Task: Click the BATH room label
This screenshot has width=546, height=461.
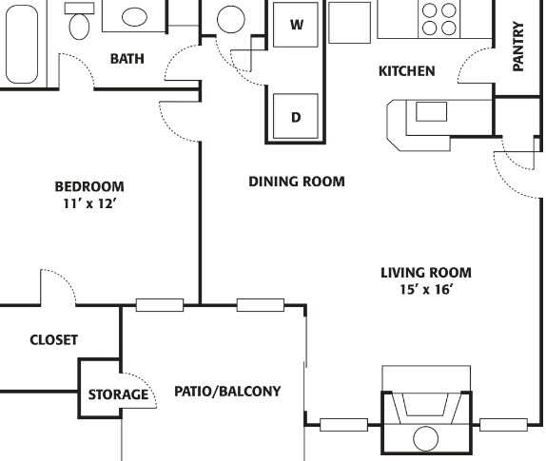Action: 127,59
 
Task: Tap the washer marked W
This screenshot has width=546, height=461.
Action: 296,25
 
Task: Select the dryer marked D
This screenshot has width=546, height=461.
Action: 296,118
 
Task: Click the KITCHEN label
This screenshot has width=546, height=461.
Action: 406,71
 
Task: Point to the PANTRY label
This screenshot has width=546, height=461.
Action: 518,48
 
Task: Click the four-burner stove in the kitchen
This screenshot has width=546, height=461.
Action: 439,19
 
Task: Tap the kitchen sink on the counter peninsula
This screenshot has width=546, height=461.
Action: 430,111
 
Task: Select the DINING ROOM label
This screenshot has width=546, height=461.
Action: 296,181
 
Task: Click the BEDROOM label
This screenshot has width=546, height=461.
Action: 88,186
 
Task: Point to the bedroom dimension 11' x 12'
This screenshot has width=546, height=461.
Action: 88,202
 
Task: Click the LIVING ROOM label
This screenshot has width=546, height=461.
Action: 425,273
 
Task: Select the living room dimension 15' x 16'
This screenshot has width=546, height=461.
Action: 425,289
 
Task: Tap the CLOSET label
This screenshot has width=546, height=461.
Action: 53,339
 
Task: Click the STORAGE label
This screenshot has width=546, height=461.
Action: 118,394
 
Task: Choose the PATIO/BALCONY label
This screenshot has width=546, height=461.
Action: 227,391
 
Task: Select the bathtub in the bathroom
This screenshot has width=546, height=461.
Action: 19,43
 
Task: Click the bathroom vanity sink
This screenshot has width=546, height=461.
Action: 135,16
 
